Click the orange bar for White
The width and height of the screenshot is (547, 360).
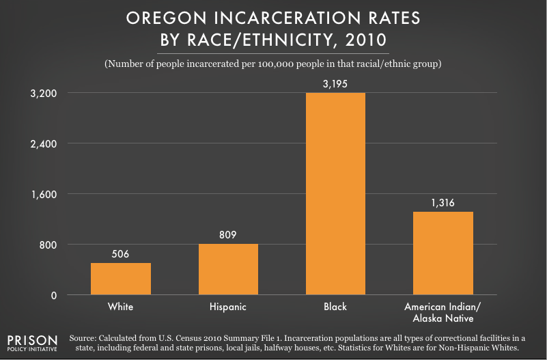click(121, 279)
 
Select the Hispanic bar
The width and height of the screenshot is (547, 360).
click(228, 269)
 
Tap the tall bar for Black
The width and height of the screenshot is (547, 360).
click(335, 194)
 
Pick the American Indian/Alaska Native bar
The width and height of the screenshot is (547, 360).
click(443, 253)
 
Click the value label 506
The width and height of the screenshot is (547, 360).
click(121, 254)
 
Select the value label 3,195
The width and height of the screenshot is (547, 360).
click(335, 83)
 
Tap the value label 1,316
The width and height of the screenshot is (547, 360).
click(443, 203)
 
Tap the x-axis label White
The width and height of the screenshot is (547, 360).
click(121, 307)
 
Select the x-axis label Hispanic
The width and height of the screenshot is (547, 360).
click(228, 307)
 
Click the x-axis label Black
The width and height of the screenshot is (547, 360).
click(335, 307)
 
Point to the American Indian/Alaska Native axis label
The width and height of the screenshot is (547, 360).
click(443, 312)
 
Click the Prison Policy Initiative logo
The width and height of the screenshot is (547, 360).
click(33, 344)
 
